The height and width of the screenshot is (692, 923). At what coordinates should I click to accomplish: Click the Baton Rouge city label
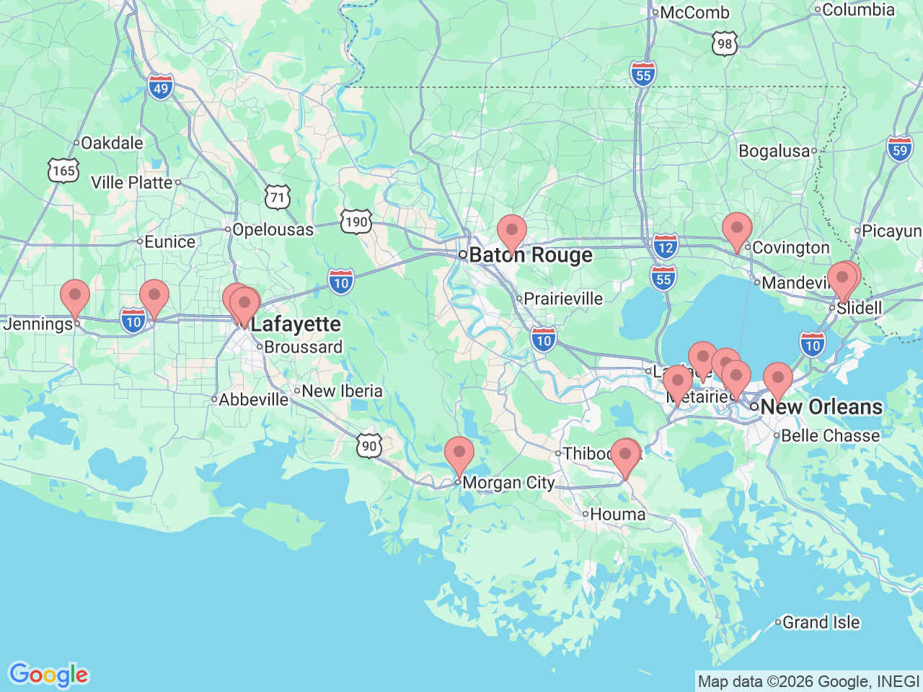(531, 256)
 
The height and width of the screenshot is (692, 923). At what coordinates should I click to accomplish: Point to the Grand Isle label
(821, 622)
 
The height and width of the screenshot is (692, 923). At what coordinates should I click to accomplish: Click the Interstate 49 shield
(161, 88)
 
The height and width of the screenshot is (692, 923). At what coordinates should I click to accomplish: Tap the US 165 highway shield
(63, 171)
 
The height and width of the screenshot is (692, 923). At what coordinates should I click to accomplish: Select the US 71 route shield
(278, 197)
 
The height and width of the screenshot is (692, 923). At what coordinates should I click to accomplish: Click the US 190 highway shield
(356, 221)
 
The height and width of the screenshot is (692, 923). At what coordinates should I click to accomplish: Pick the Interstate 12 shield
(666, 247)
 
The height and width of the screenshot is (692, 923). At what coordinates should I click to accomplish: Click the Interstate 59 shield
(900, 150)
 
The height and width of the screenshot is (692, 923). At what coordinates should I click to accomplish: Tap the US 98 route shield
(725, 44)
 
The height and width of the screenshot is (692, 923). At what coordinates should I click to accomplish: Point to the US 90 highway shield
(368, 445)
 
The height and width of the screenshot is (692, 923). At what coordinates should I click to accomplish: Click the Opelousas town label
(273, 230)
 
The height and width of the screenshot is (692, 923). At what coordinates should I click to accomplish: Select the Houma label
(617, 515)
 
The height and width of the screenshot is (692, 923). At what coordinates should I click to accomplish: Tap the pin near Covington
(737, 231)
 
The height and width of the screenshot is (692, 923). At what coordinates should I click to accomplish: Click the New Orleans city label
(821, 407)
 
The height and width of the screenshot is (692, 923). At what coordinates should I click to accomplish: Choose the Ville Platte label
(132, 183)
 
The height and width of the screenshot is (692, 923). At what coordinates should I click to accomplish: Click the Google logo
(48, 675)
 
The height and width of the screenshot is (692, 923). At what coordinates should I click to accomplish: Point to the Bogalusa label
(774, 151)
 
